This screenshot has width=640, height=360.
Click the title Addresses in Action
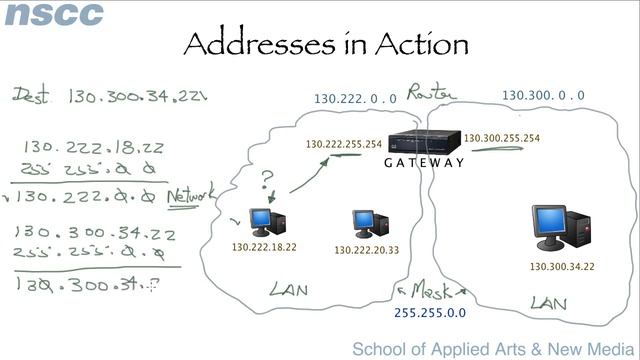click(x=326, y=43)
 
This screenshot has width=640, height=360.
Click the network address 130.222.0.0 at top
click(x=355, y=99)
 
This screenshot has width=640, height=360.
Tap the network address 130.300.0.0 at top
click(x=543, y=95)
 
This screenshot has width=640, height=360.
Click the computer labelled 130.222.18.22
click(x=264, y=220)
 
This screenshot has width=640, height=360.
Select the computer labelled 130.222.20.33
click(x=365, y=223)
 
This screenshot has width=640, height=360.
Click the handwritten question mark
click(x=267, y=181)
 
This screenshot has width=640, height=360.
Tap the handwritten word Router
click(x=431, y=93)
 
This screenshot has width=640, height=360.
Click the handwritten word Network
click(x=190, y=195)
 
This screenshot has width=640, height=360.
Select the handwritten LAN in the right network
click(x=549, y=302)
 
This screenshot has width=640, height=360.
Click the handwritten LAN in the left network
click(x=288, y=290)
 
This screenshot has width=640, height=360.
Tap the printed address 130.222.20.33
click(x=366, y=250)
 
